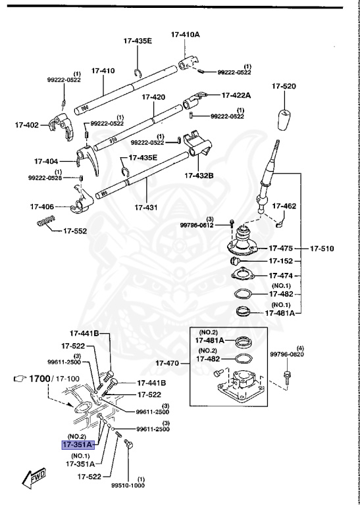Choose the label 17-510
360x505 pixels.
coord(323,249)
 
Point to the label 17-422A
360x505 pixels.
coord(236,95)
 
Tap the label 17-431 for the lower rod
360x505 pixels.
coord(147,207)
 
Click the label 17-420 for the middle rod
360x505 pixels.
coord(153,97)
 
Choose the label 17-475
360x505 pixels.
coord(280,249)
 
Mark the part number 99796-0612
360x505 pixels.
coord(197,225)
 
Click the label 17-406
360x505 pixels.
coord(41,206)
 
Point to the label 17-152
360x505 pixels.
coord(280,261)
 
